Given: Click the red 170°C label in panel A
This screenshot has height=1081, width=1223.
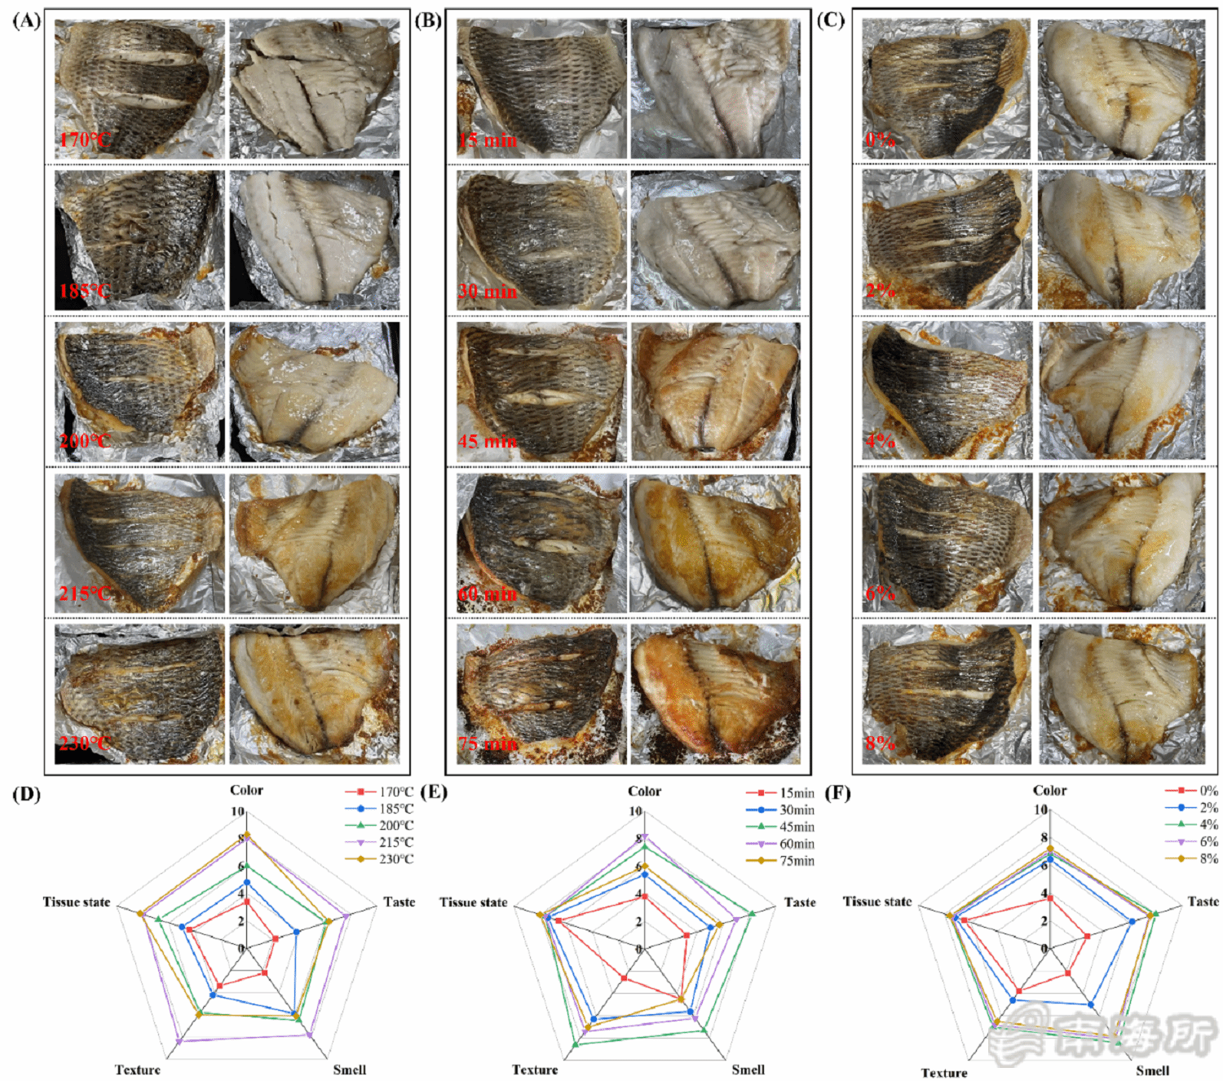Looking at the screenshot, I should coord(84,139).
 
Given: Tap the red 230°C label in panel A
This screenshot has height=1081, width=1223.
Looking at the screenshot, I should coord(84,743).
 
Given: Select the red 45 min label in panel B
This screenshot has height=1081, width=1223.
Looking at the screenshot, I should coord(487,442).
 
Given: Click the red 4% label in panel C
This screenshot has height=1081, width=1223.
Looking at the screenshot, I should coord(881,441).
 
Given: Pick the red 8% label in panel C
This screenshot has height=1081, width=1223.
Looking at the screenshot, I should coord(881,743).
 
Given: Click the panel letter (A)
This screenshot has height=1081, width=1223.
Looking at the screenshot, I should coord(26,20).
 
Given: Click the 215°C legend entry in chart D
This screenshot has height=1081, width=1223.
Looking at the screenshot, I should coord(395,842).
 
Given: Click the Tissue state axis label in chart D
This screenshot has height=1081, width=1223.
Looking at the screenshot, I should coord(77,902).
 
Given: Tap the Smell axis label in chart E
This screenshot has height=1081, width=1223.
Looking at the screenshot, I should coord(748,1070).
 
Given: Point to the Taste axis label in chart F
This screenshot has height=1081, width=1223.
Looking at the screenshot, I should coord(1203,901).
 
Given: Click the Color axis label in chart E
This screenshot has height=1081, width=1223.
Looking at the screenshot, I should coord(644,791).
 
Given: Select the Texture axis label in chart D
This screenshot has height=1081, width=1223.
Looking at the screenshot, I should coord(137,1070).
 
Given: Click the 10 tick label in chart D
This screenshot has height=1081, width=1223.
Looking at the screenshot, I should coord(236,811).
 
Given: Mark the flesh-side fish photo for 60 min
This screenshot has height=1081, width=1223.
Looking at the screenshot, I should coord(715,543).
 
